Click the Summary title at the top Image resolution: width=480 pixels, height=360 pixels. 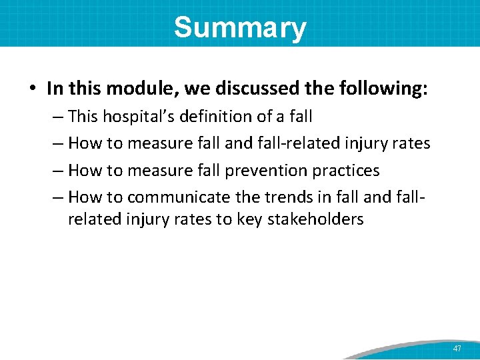pos(240,28)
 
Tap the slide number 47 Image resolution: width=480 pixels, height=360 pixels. pos(457,349)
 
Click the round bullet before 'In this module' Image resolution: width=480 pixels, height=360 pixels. pos(33,89)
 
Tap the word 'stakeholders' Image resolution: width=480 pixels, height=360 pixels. pos(315,219)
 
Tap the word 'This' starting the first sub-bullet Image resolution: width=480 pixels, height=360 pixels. pos(83,116)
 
